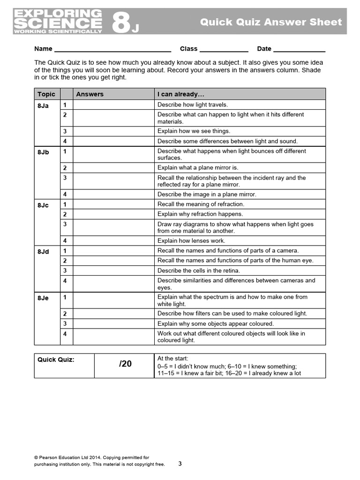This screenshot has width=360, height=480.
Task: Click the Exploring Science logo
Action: pos(58,22)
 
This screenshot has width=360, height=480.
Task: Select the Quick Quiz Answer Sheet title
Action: pos(271,22)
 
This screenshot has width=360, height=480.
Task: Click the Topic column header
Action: pos(46,94)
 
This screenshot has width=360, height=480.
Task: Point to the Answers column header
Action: pos(90,94)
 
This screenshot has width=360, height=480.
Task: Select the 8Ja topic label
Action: pos(43,106)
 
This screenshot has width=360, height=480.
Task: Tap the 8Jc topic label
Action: pos(43,205)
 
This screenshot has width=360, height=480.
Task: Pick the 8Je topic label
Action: pos(43,298)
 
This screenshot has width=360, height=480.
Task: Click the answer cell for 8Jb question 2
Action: pos(114,168)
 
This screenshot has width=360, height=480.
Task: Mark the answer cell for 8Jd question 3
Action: pos(114,270)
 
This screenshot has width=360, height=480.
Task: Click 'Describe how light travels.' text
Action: pos(193,105)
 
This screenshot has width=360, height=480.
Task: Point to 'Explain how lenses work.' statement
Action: pos(191,241)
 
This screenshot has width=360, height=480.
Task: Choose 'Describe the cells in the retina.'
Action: pos(199,270)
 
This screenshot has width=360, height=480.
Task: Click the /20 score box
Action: pos(125,364)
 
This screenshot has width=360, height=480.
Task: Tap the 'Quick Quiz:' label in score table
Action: pos(56,360)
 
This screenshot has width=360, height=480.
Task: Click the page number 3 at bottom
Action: pos(180,464)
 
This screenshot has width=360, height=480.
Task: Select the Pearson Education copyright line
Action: pos(92,457)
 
